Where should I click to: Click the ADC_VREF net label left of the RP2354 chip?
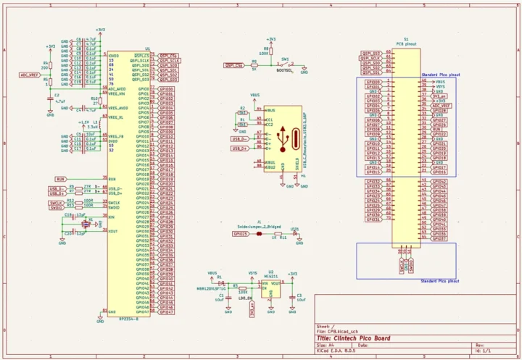tap(29, 74)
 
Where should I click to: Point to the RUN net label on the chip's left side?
tap(61, 178)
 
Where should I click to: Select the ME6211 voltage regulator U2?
tap(271, 285)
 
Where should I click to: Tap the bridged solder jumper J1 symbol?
tap(259, 234)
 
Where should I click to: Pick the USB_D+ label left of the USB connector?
tap(239, 148)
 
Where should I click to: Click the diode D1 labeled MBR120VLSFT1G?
tap(220, 283)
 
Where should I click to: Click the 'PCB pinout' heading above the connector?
tap(405, 44)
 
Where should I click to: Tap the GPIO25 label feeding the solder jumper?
tap(241, 234)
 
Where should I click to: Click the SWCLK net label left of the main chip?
tap(57, 202)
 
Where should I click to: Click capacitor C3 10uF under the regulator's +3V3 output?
tap(293, 296)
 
